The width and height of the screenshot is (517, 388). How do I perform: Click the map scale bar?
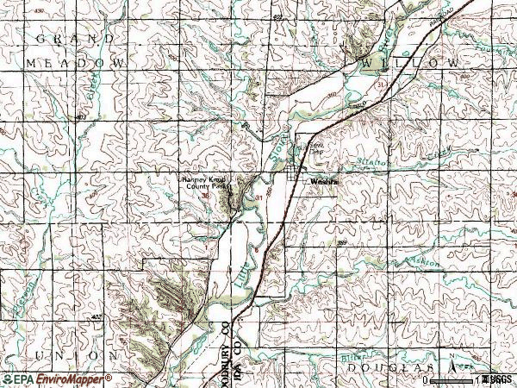(x=452, y=379)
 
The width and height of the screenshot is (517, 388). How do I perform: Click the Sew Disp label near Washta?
(x=316, y=147)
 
